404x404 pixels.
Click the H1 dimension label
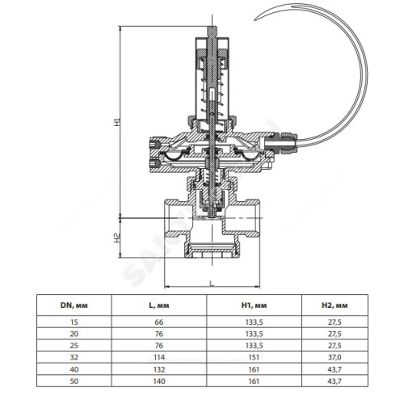(116, 122)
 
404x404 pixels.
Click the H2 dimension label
(116, 238)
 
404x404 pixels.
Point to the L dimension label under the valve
(212, 283)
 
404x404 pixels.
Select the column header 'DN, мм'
(74, 305)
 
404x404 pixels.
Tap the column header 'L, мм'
(159, 305)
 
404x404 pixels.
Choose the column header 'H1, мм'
(254, 305)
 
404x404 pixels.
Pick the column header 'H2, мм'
(335, 305)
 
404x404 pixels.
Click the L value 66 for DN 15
(159, 322)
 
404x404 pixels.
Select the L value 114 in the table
(159, 357)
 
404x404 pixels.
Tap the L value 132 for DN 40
(159, 369)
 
